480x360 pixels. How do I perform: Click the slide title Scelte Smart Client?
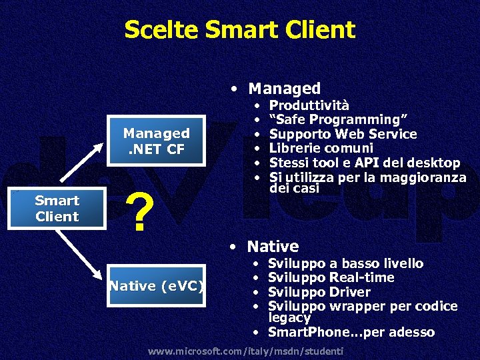pos(239,30)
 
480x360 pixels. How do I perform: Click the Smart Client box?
pos(57,209)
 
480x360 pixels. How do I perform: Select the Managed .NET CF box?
pos(156,141)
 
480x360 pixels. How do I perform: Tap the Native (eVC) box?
pos(157,287)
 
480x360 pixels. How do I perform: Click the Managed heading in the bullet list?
pos(284,88)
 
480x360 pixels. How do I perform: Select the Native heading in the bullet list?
pos(273,247)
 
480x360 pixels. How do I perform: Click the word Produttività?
pos(309,105)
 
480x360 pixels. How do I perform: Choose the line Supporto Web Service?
pos(343,134)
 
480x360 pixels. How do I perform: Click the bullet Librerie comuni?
pos(321,148)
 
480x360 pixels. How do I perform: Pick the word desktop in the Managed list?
pos(435,163)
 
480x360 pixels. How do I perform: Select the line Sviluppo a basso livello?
pos(345,263)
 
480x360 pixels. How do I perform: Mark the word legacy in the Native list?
pos(289,317)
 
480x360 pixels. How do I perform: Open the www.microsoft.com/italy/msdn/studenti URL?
pos(245,351)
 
